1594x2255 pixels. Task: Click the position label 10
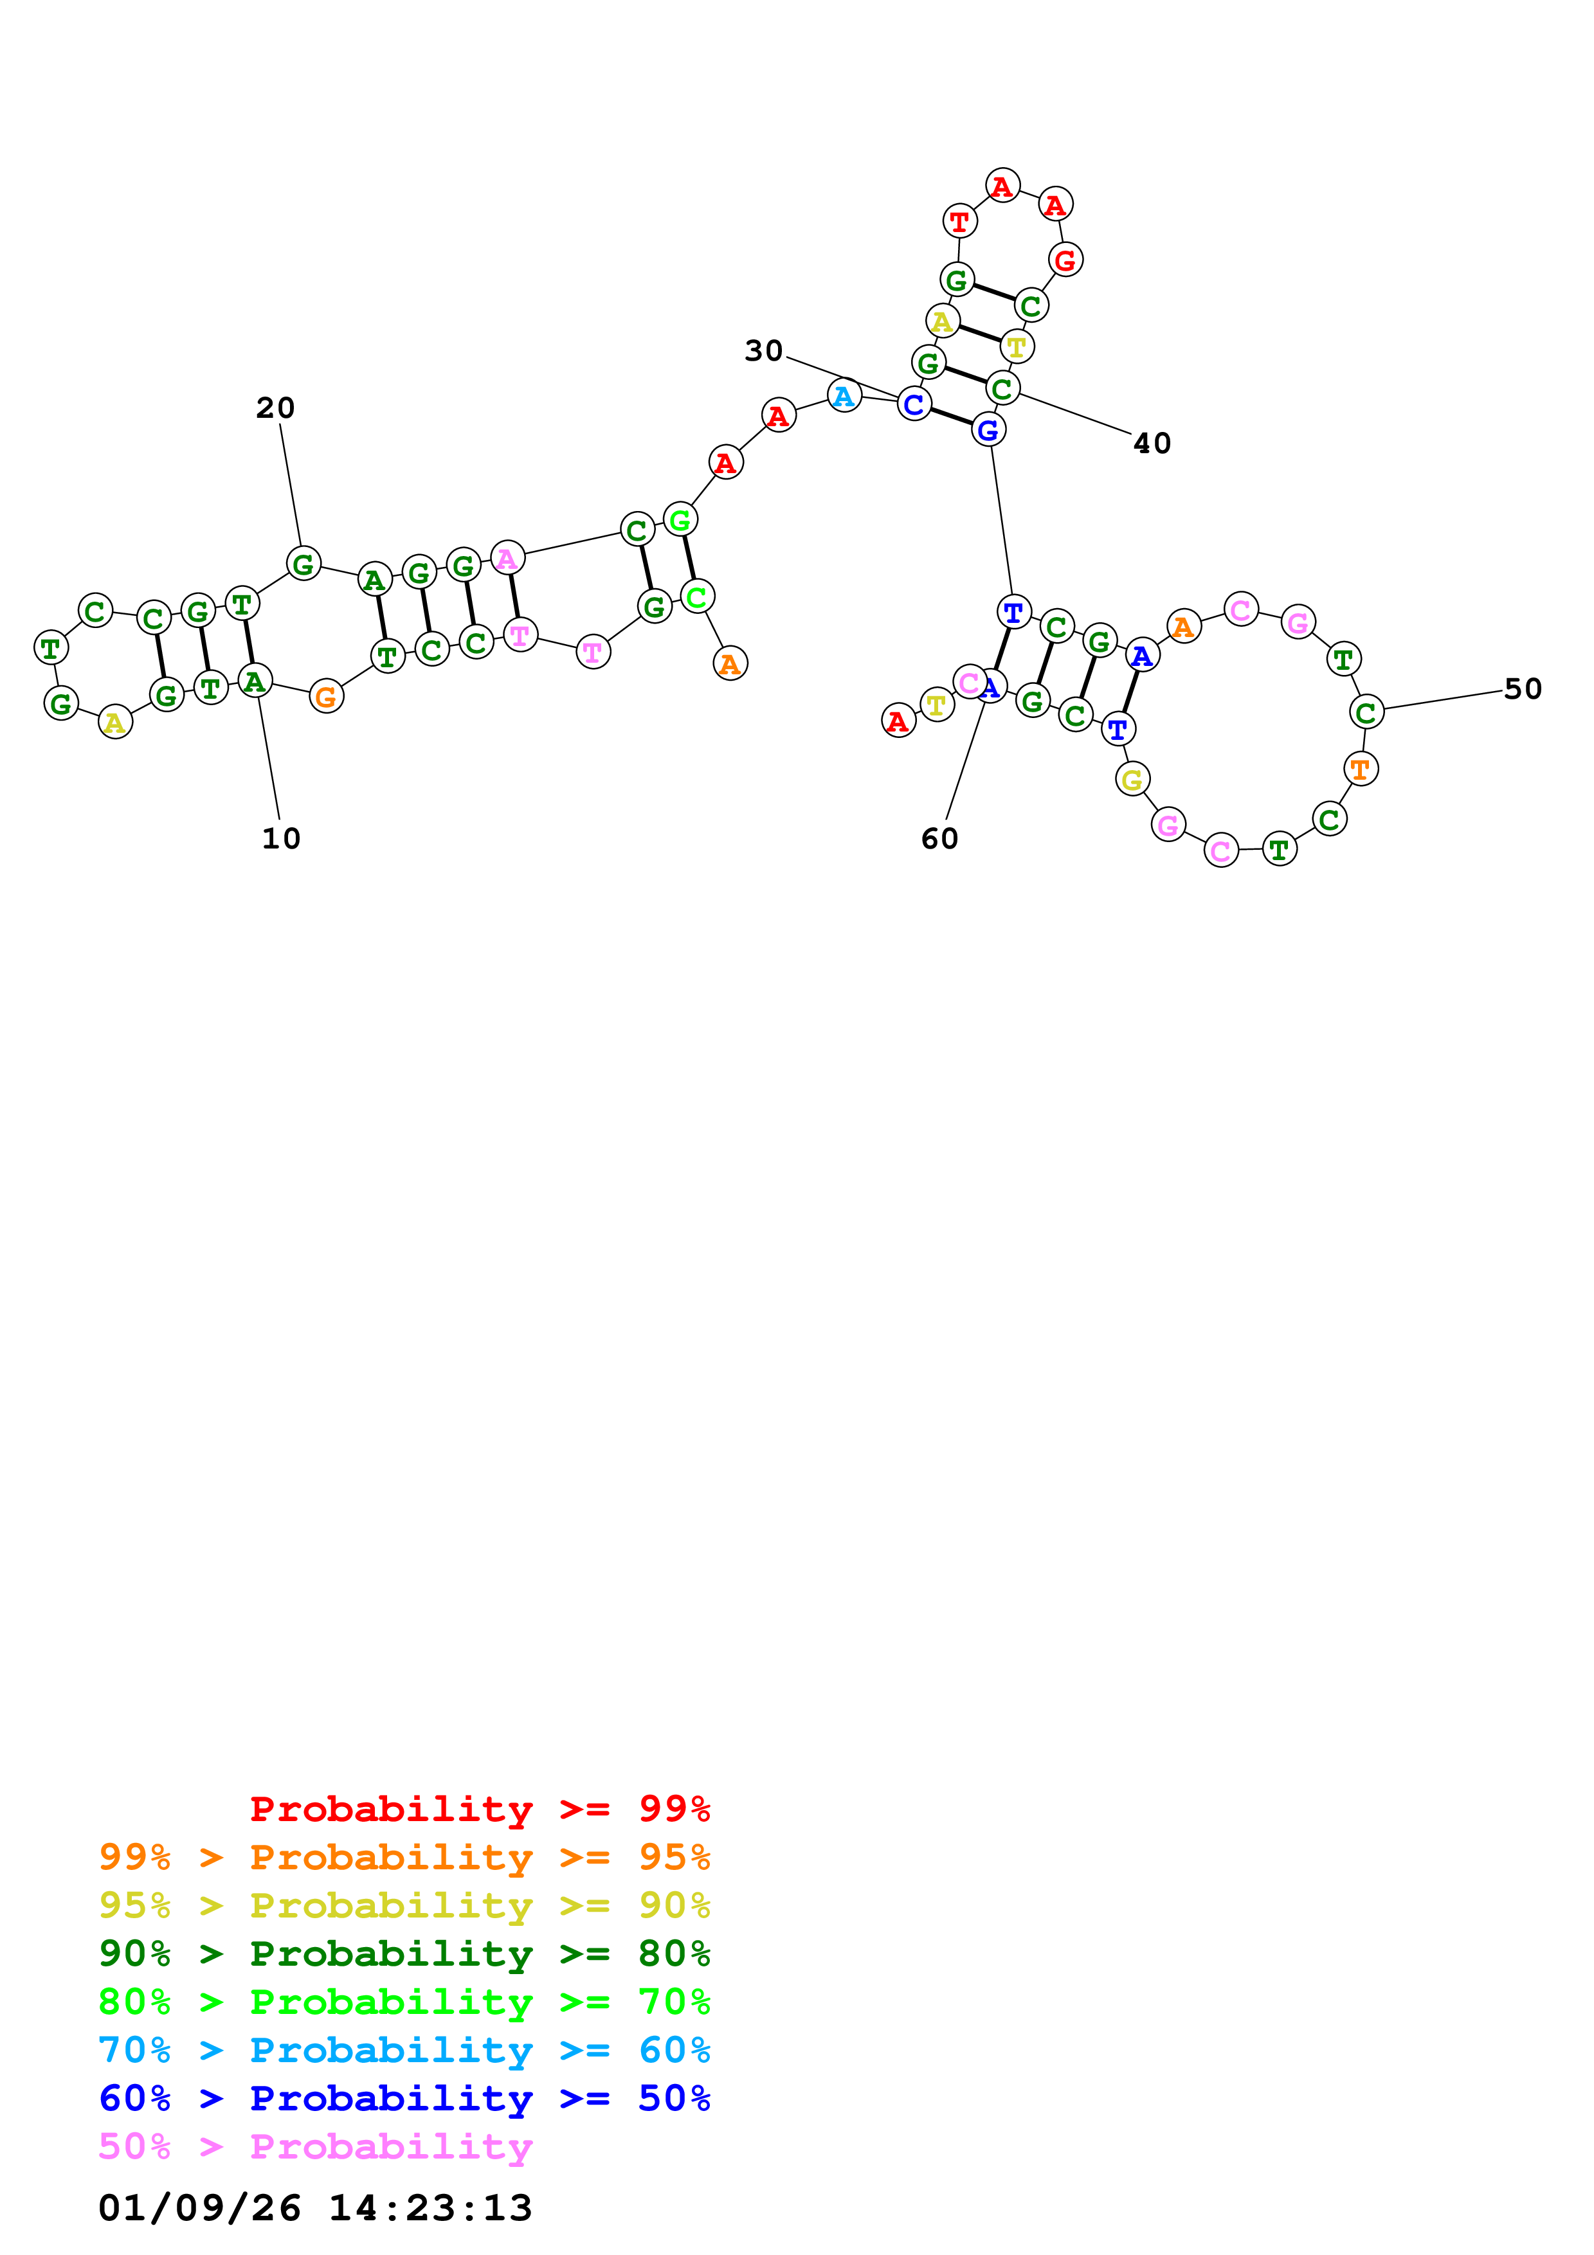[281, 839]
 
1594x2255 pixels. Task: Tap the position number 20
[275, 408]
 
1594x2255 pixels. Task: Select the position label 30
[763, 350]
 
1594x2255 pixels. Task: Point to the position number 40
[1152, 444]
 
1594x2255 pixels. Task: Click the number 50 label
[1522, 690]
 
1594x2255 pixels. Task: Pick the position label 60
[939, 839]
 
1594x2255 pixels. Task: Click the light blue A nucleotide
[844, 396]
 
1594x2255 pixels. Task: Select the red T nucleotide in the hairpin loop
[959, 222]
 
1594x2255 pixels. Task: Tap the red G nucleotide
[1065, 260]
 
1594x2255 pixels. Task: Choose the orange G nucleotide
[326, 697]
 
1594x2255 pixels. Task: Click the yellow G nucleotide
[1132, 780]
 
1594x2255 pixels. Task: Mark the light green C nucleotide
[697, 596]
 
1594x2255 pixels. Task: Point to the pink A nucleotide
[507, 558]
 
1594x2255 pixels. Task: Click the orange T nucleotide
[1360, 769]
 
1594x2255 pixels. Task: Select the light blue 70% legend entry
[404, 2050]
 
